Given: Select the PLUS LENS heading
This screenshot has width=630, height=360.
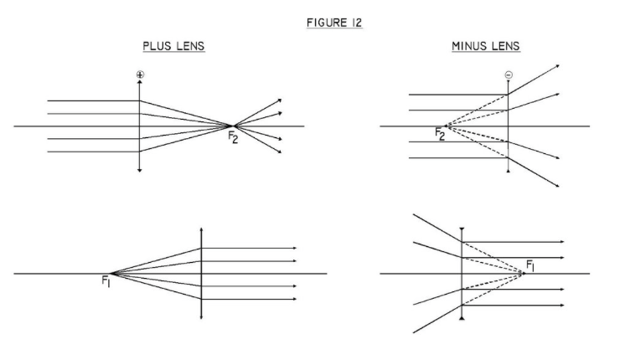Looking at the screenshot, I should pyautogui.click(x=174, y=47).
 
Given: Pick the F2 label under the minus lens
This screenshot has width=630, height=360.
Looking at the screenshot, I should pyautogui.click(x=440, y=133).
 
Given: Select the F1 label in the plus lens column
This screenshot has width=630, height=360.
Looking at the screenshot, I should pyautogui.click(x=106, y=283).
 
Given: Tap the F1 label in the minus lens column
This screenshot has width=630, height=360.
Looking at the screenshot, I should pyautogui.click(x=530, y=267).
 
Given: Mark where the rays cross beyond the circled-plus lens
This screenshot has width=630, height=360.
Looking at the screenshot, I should pyautogui.click(x=233, y=126).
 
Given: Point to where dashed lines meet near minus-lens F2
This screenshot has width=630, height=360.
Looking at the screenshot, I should pyautogui.click(x=447, y=126).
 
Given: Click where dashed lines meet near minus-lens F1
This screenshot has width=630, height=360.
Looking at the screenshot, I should pyautogui.click(x=522, y=274).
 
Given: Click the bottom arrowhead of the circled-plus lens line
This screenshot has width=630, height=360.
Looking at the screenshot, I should pyautogui.click(x=140, y=171).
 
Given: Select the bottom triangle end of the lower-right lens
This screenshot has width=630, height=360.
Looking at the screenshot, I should pyautogui.click(x=462, y=321).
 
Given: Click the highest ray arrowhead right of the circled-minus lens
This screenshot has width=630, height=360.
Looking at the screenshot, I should pyautogui.click(x=557, y=65).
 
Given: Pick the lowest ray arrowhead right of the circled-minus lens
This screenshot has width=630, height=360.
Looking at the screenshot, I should pyautogui.click(x=557, y=186).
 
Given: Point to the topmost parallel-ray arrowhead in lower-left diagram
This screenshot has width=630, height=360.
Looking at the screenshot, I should pyautogui.click(x=296, y=248).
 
